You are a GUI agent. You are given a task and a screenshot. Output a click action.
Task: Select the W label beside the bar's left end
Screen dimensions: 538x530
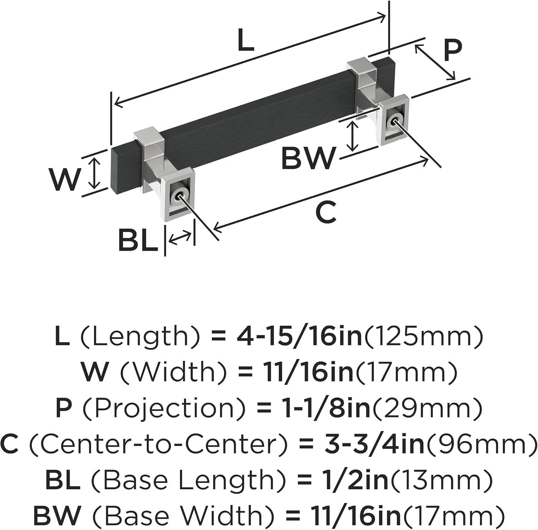pos(65,179)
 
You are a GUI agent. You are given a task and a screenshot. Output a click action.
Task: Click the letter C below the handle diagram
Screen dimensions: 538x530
pos(326,212)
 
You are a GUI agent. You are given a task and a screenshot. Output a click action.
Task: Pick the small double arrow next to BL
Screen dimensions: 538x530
pos(180,237)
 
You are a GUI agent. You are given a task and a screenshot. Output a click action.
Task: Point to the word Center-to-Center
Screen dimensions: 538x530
pos(158,444)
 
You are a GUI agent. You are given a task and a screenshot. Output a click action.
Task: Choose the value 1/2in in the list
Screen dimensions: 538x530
pos(353,480)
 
